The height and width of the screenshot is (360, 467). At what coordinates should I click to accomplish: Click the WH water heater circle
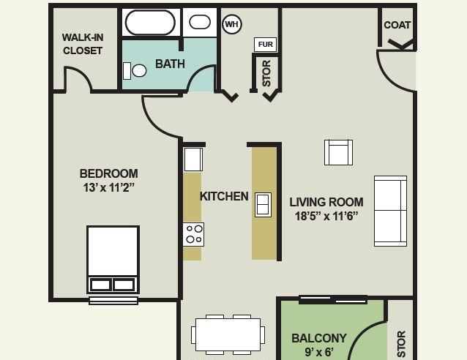[x=232, y=24]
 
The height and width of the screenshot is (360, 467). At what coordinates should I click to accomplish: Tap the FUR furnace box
[x=266, y=45]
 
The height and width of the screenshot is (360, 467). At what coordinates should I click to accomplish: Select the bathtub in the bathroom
[x=150, y=23]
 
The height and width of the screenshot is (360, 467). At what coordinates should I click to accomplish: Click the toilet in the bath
[x=135, y=71]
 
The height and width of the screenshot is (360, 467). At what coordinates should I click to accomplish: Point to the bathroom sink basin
[x=200, y=22]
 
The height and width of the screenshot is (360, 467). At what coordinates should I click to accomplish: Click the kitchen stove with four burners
[x=193, y=234]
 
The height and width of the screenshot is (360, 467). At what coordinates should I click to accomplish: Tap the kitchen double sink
[x=263, y=205]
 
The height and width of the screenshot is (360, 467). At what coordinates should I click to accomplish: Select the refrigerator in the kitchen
[x=193, y=160]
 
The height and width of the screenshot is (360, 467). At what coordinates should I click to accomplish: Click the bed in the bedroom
[x=113, y=259]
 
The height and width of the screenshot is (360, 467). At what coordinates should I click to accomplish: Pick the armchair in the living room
[x=338, y=152]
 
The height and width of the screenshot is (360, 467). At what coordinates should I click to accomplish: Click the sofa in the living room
[x=390, y=211]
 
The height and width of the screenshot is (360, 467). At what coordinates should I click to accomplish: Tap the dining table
[x=228, y=334]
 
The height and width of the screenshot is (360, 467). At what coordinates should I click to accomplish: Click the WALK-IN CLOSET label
[x=83, y=44]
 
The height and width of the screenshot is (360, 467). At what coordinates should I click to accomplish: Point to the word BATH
[x=170, y=64]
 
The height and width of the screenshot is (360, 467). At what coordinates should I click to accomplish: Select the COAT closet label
[x=397, y=25]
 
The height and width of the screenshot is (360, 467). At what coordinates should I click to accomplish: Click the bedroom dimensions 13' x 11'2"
[x=109, y=187]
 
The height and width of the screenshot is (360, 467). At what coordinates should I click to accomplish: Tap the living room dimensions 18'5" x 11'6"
[x=326, y=216]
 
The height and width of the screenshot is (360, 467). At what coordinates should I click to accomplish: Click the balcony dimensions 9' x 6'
[x=319, y=352]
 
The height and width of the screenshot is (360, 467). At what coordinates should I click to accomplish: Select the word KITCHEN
[x=224, y=196]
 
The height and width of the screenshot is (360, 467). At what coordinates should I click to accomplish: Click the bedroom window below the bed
[x=113, y=301]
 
